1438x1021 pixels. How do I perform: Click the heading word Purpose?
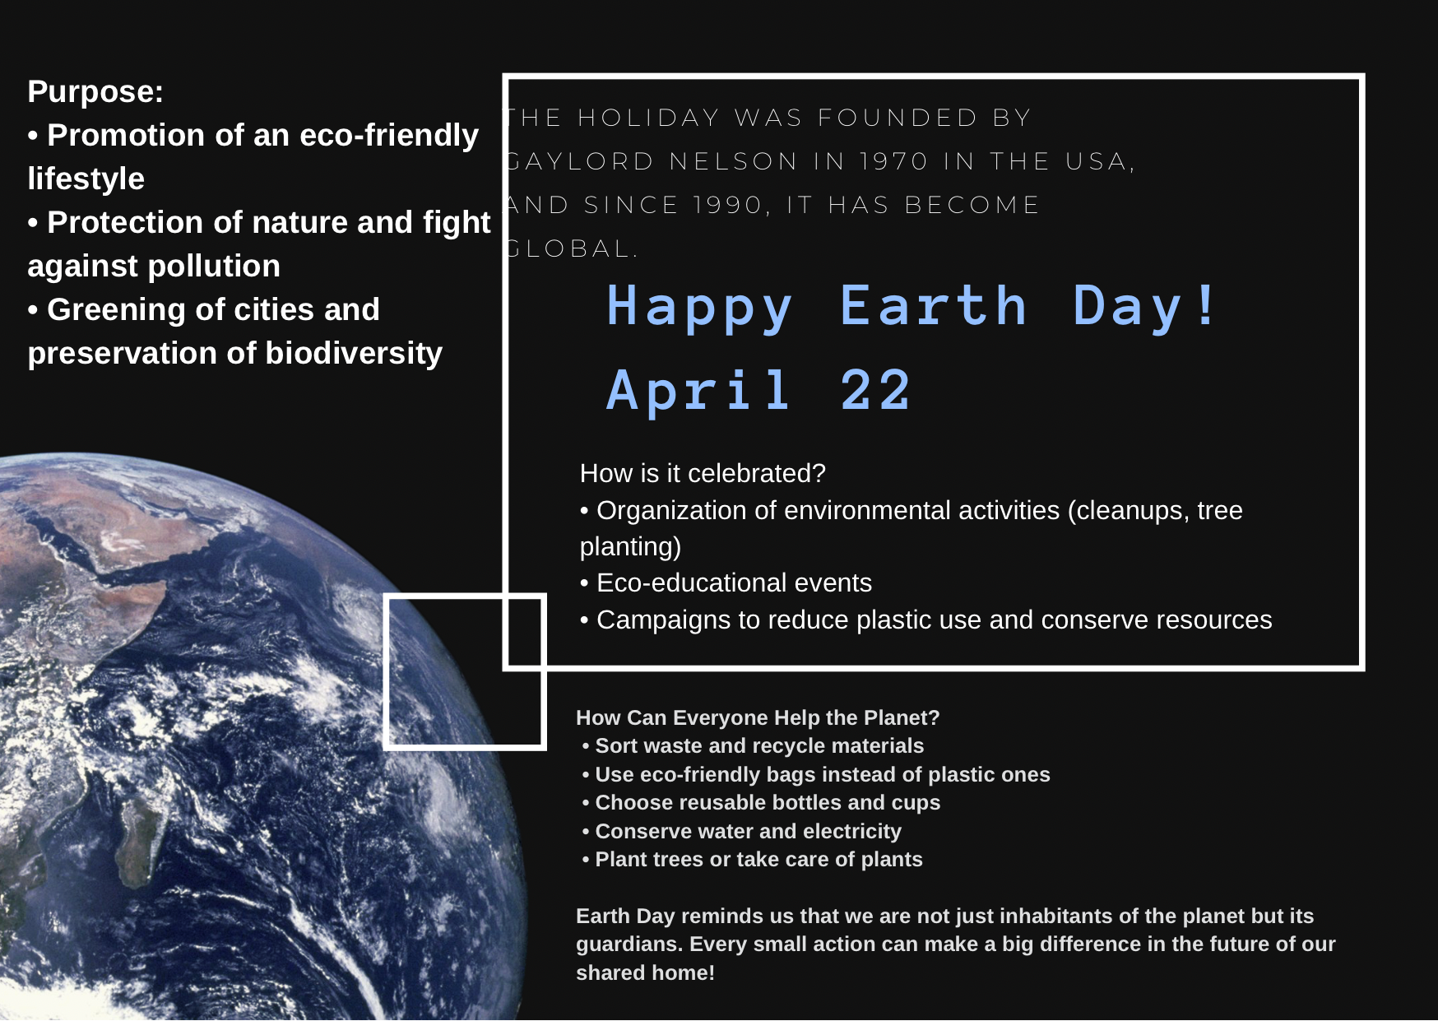tap(95, 92)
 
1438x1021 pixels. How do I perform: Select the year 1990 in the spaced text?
tap(727, 205)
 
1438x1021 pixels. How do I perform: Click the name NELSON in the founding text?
tap(734, 161)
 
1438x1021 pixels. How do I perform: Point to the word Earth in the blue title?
tap(934, 306)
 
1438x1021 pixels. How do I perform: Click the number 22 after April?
tap(875, 390)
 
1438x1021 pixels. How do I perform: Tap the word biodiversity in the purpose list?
tap(354, 354)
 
